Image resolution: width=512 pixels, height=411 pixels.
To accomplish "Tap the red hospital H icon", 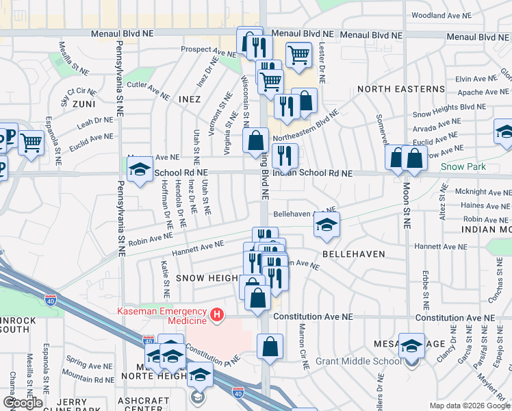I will (217, 315).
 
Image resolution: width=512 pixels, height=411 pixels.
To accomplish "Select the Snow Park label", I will (463, 166).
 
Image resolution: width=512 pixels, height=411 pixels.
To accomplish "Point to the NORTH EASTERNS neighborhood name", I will (400, 89).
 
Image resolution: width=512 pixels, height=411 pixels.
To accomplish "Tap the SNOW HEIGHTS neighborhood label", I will (205, 277).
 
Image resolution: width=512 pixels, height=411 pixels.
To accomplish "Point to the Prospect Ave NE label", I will (208, 51).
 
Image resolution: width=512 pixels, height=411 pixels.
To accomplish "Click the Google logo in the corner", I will (23, 403).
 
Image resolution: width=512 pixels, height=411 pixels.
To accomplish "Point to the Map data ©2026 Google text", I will (470, 406).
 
